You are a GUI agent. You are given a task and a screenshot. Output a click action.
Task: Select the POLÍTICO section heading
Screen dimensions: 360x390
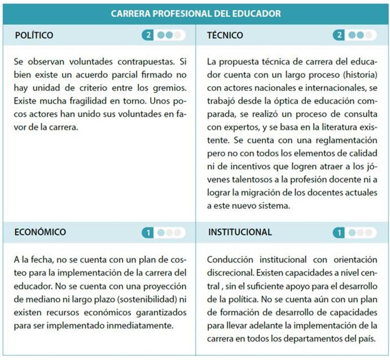pos(34,35)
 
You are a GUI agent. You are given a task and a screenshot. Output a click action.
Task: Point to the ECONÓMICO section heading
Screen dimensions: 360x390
pos(41,232)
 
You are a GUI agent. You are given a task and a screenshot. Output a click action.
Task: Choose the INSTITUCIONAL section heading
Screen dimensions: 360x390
pos(240,232)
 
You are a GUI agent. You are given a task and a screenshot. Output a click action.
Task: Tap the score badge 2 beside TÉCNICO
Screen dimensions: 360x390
pos(339,35)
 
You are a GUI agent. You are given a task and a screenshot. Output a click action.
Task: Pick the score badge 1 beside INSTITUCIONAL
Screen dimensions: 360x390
pos(339,233)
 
